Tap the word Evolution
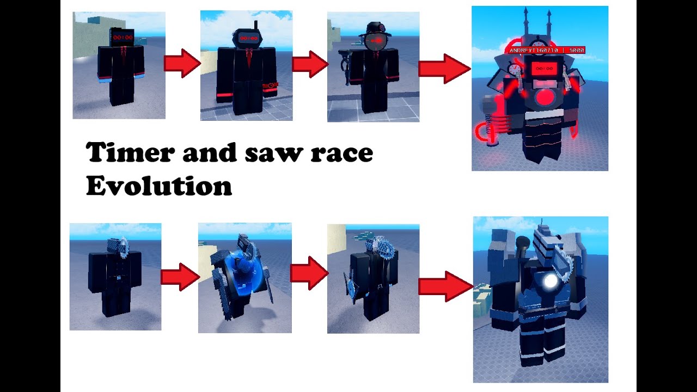158,186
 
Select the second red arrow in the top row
310,64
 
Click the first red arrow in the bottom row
180,277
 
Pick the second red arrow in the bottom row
309,273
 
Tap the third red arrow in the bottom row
445,287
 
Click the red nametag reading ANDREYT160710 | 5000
546,50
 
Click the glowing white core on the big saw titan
551,281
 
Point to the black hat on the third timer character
374,28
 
